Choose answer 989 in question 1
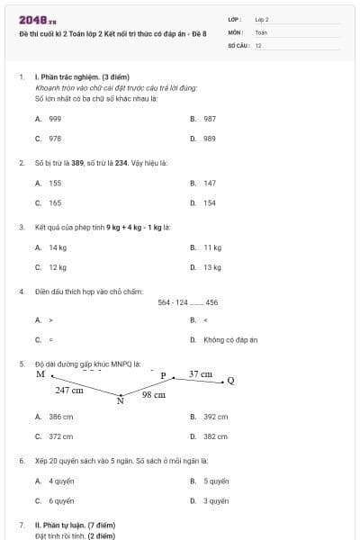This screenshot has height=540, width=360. click(210, 139)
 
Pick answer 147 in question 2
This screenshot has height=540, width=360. click(210, 183)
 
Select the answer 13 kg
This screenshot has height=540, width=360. click(212, 267)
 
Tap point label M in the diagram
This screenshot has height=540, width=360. click(40, 374)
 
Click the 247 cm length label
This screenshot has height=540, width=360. click(69, 391)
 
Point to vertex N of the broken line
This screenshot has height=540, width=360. click(120, 401)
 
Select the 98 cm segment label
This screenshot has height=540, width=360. click(154, 395)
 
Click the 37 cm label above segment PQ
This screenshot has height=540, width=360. click(200, 373)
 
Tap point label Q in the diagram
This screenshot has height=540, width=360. click(230, 381)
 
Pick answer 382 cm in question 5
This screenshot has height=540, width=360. click(215, 436)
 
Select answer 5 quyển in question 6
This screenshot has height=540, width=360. click(216, 481)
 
